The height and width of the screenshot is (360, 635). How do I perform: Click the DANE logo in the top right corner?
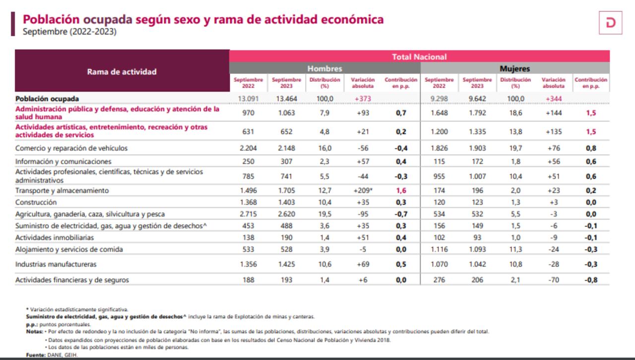click(x=610, y=22)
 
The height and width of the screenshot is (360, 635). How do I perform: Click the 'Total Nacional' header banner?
click(x=419, y=57)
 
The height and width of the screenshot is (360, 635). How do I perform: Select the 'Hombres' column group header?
click(x=324, y=68)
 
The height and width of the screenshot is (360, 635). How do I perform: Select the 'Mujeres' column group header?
click(x=514, y=68)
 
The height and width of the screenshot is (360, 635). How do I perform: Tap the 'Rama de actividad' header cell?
click(x=122, y=71)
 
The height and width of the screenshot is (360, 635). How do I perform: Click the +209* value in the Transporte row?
click(x=362, y=190)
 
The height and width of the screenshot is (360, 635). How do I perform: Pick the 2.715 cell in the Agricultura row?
click(x=248, y=214)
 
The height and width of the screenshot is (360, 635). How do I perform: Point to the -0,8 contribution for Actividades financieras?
click(x=590, y=280)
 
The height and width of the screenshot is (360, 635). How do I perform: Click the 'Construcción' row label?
click(x=36, y=202)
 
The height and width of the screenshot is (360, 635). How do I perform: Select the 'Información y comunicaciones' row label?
click(x=63, y=162)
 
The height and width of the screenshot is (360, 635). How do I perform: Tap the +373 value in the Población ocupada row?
click(x=363, y=99)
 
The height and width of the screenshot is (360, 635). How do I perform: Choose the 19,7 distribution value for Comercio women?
click(x=515, y=148)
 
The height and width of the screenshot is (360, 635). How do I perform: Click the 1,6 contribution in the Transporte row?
click(x=401, y=190)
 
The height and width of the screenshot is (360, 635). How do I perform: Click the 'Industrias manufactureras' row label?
click(x=56, y=264)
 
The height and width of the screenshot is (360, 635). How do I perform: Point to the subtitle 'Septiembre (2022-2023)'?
click(x=70, y=32)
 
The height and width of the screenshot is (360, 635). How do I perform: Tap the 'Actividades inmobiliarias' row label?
click(x=55, y=238)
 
